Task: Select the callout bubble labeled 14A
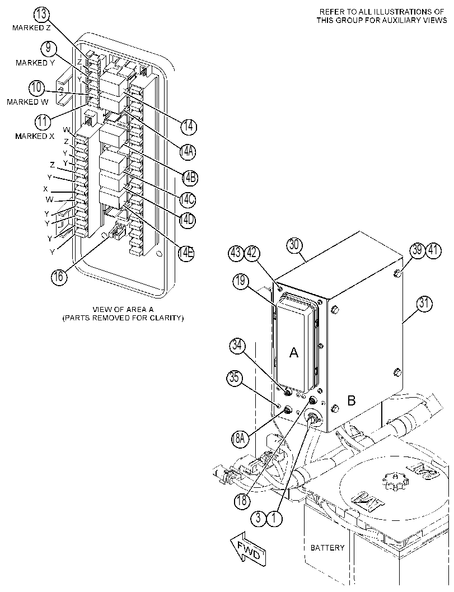pyautogui.click(x=188, y=151)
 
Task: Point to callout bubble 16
pyautogui.click(x=59, y=277)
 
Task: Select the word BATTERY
pyautogui.click(x=327, y=547)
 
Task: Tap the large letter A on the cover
pyautogui.click(x=293, y=353)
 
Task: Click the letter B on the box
pyautogui.click(x=352, y=400)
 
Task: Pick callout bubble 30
pyautogui.click(x=294, y=245)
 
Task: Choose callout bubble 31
pyautogui.click(x=424, y=304)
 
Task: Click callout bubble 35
pyautogui.click(x=235, y=378)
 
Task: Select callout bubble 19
pyautogui.click(x=241, y=281)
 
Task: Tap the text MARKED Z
pyautogui.click(x=31, y=28)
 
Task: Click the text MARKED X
pyautogui.click(x=35, y=136)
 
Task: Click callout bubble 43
pyautogui.click(x=236, y=253)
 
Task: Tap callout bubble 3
pyautogui.click(x=259, y=518)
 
